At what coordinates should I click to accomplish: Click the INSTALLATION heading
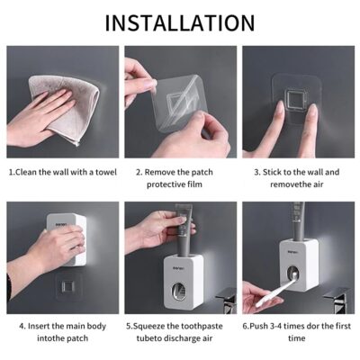pos(180,22)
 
